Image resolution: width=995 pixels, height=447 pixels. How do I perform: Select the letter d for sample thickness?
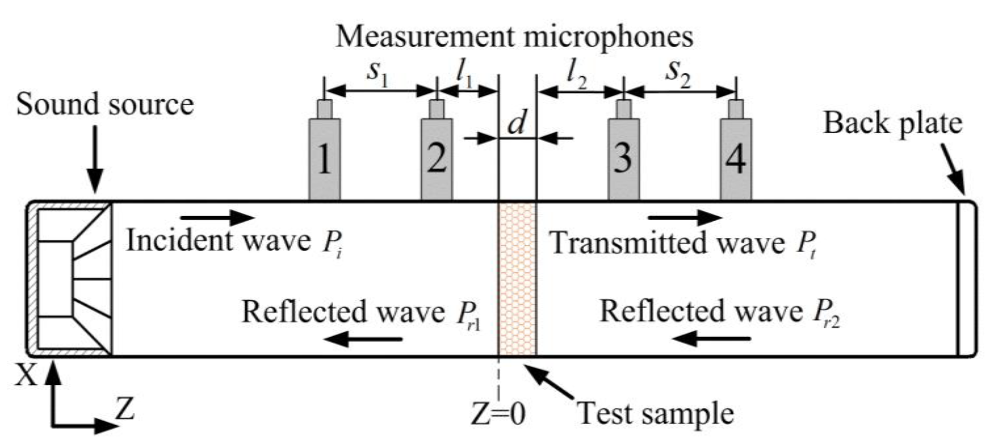click(x=517, y=123)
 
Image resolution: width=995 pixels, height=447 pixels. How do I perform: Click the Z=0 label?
click(x=498, y=414)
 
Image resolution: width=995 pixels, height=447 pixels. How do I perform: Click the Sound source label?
click(x=105, y=105)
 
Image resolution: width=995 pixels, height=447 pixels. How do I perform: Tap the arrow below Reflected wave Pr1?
click(x=363, y=338)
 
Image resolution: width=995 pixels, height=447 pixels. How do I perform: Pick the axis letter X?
click(x=26, y=376)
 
